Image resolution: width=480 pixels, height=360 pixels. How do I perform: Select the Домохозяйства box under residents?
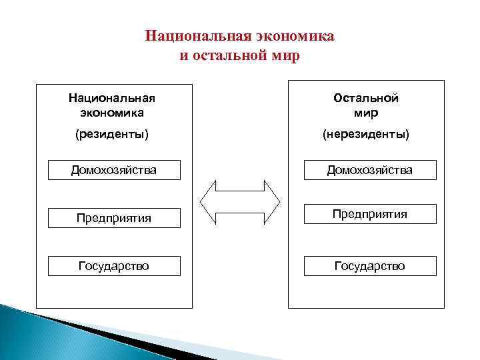click(114, 170)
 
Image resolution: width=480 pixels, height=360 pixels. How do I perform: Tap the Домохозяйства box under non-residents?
click(369, 170)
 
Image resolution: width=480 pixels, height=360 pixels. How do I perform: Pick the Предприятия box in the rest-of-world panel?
click(369, 214)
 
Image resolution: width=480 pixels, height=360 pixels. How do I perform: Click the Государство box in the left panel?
click(114, 266)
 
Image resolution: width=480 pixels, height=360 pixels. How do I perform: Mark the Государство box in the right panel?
click(369, 266)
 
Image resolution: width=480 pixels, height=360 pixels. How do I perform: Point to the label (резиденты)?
click(113, 135)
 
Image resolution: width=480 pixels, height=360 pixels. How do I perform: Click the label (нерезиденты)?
click(366, 135)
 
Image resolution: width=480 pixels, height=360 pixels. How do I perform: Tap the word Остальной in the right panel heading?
click(366, 98)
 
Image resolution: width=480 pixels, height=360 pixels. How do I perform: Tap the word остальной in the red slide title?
click(226, 55)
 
